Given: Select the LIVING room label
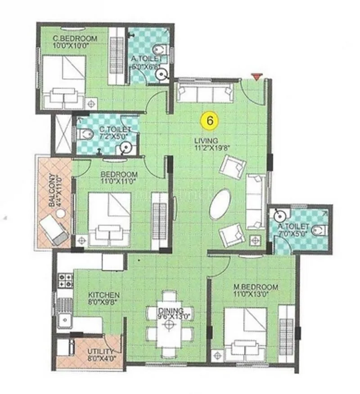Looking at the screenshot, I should pos(207,141).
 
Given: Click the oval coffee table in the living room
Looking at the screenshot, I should pos(220,204).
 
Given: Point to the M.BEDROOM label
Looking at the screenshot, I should pos(256,287).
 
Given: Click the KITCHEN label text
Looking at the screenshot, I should pos(103,295).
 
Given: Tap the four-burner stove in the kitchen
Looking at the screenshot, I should pos(65,280).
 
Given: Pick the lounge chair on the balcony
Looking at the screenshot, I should pos(54,229).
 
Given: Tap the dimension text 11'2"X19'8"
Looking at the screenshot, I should pos(207,148).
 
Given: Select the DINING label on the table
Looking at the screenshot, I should pos(170,311).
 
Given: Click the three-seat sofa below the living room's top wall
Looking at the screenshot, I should pos(205,93).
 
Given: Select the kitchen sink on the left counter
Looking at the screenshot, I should pos(64,321).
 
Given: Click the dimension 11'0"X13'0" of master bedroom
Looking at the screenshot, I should pos(255,295).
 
